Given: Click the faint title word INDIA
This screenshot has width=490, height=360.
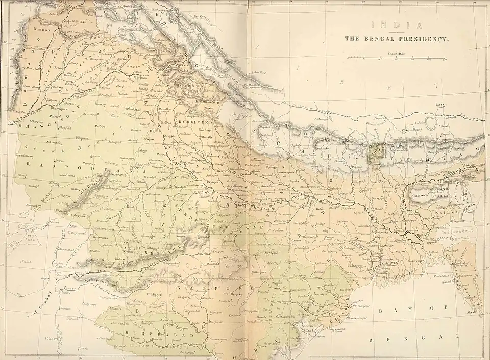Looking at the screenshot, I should point(396,25).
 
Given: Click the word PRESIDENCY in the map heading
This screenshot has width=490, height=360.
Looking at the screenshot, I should point(424,39).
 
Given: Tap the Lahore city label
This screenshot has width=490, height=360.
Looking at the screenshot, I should point(110,63).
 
